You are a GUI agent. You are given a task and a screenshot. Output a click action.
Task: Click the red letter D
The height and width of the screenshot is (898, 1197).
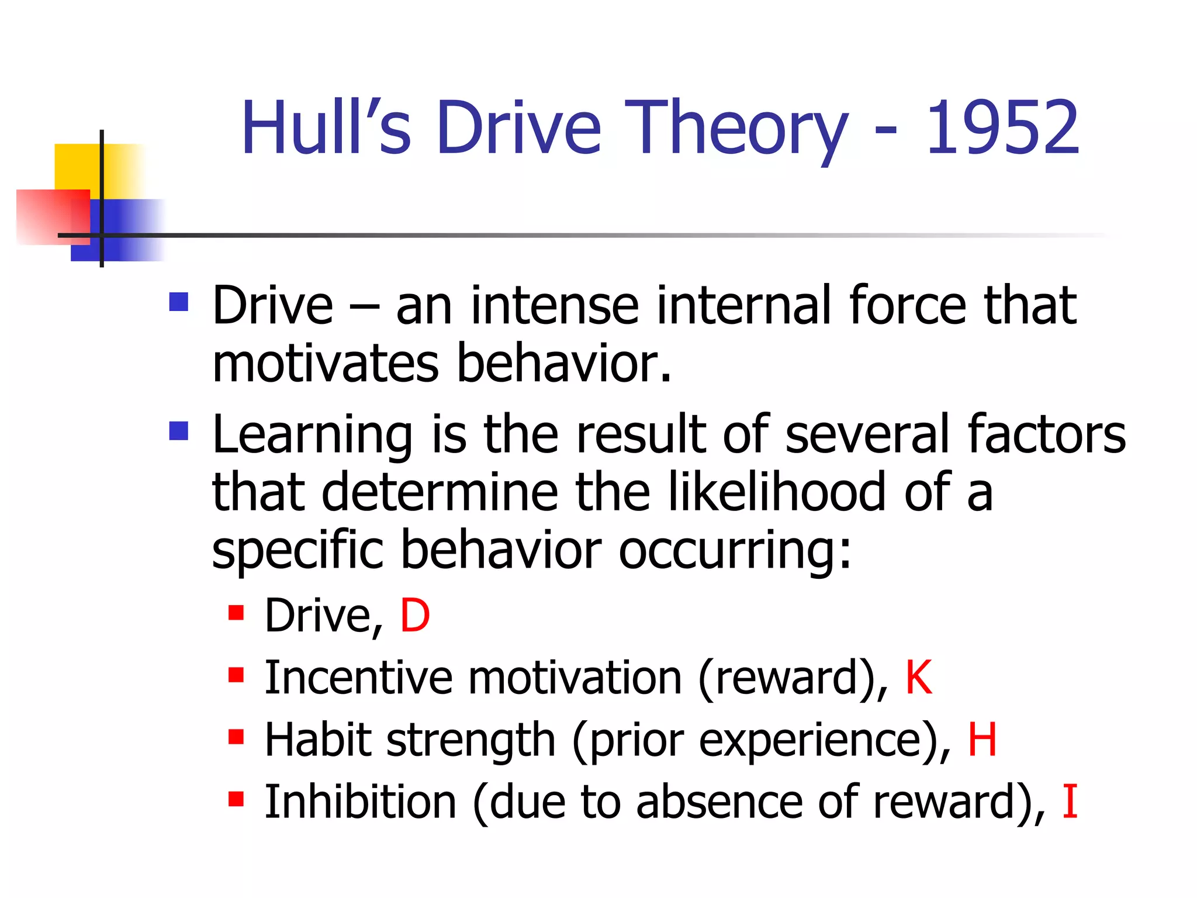tap(415, 616)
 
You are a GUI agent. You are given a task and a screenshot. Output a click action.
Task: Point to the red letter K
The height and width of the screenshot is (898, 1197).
tap(918, 678)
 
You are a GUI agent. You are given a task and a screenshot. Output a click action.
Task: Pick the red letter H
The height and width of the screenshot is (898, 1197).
tap(982, 740)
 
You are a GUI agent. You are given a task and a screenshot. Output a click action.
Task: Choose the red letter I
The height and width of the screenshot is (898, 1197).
tap(1070, 802)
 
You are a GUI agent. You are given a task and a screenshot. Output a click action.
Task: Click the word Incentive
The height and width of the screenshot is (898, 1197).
tap(358, 678)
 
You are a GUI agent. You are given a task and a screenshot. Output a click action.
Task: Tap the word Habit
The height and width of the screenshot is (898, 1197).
tap(319, 740)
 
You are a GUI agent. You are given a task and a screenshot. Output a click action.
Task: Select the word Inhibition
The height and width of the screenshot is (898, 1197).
tap(360, 802)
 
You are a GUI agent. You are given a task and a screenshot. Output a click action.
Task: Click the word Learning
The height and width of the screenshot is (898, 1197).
tap(312, 436)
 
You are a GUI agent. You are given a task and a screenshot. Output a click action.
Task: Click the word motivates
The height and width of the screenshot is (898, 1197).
tap(326, 364)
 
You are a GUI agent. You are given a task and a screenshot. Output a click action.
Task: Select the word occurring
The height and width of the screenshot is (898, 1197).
tap(735, 551)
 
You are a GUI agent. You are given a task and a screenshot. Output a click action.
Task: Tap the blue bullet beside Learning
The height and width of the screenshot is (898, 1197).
tap(179, 431)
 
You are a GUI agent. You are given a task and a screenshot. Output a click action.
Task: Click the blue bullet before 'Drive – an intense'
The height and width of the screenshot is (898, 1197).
tap(179, 302)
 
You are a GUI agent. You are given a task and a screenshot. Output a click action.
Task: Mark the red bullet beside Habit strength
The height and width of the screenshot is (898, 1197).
tap(236, 737)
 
